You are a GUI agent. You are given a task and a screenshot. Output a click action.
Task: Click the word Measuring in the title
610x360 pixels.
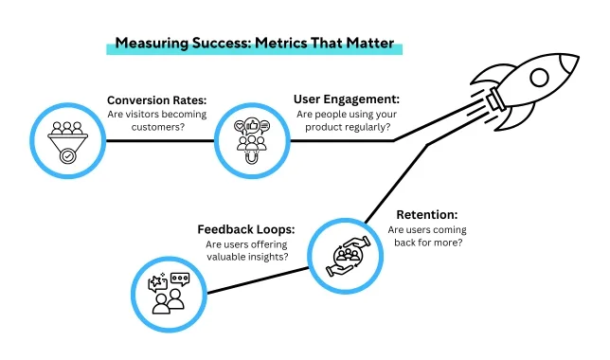[152, 44]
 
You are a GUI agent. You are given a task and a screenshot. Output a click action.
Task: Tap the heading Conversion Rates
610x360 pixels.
[157, 100]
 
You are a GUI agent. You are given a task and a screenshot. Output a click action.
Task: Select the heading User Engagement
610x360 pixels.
[347, 99]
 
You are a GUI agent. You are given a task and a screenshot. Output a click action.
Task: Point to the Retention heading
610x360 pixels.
[427, 215]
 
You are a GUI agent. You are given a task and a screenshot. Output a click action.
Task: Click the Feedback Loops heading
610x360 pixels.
[246, 229]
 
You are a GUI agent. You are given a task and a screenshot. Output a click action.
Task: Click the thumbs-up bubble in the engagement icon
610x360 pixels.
[252, 126]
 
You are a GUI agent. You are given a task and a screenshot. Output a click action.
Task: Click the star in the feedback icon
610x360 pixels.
[156, 280]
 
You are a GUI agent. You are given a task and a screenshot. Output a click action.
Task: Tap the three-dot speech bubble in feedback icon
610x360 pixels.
[180, 279]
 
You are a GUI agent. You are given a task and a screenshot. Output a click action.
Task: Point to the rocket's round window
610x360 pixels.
[539, 78]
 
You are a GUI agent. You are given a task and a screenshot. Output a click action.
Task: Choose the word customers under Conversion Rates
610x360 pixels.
[157, 127]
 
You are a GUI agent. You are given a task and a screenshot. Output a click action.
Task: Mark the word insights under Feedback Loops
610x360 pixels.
[268, 258]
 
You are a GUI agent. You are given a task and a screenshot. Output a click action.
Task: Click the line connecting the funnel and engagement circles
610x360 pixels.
[160, 141]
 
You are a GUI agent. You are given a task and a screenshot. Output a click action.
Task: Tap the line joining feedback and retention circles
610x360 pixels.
[258, 280]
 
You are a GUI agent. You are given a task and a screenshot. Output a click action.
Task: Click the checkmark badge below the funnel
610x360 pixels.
[67, 156]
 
